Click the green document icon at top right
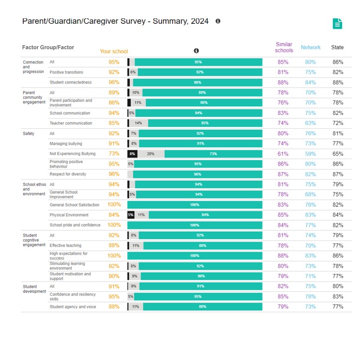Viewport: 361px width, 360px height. [337, 24]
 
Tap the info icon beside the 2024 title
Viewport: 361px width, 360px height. [218, 21]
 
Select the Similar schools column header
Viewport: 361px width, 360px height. [284, 47]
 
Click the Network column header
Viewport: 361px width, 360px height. [311, 47]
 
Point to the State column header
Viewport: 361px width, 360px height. [337, 47]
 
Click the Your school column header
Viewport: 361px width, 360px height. [114, 51]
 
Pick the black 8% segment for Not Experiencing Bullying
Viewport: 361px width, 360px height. [132, 154]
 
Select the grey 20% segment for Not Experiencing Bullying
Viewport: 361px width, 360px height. [151, 154]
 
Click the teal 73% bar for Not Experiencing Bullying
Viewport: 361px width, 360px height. [213, 154]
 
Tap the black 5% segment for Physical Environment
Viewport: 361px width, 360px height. [131, 215]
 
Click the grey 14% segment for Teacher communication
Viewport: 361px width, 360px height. [139, 123]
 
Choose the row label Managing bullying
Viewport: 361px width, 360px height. [66, 144]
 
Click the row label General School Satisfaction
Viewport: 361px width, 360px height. [75, 205]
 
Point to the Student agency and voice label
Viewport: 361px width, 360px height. [73, 307]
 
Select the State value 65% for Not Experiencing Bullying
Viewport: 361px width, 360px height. [338, 154]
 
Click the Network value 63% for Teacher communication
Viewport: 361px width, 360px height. [310, 123]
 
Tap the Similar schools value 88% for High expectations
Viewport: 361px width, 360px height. [283, 256]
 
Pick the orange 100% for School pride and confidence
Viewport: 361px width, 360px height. [114, 225]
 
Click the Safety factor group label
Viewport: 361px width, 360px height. [28, 133]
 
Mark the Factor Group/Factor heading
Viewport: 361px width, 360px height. [48, 47]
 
